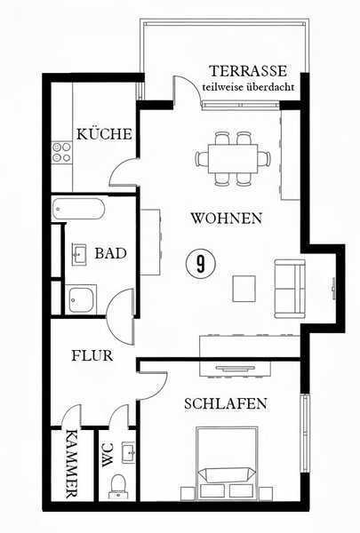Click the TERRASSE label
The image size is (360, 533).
coord(248,70)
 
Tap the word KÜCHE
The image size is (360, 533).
coord(104,134)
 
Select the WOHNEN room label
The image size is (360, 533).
coord(226,218)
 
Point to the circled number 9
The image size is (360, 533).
coord(203,263)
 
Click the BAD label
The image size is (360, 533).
coord(110,253)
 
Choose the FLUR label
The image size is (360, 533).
coord(92,355)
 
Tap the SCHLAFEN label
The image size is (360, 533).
coord(226,403)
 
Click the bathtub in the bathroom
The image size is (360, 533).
coord(79,211)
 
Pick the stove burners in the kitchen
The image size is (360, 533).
coord(61,152)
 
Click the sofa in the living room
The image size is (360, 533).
coord(289,289)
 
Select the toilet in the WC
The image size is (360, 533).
coord(117,486)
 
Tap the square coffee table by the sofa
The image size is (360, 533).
coord(244,288)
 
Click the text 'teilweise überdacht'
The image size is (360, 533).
coord(248,87)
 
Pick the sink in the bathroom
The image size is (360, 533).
coord(79,254)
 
